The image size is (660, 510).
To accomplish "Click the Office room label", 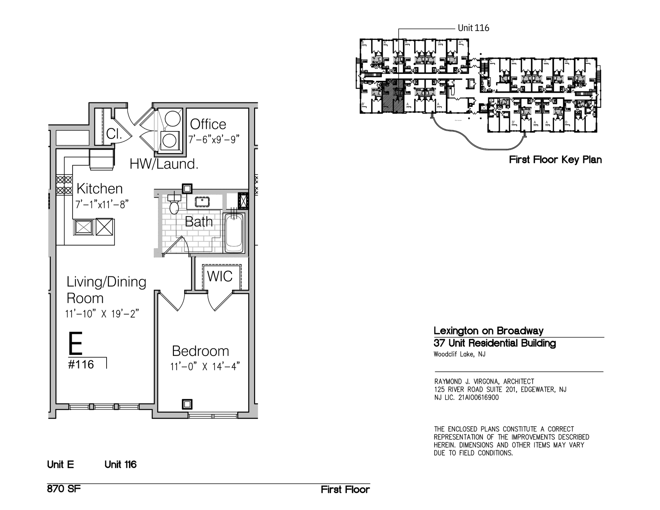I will click(208, 124).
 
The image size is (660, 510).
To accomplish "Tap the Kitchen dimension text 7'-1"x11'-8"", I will click(102, 204).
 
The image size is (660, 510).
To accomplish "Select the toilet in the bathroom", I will click(174, 205).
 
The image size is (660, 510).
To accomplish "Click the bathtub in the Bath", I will click(234, 233).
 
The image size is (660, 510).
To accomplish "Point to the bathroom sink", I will click(202, 202).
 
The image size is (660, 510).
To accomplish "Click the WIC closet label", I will click(220, 276).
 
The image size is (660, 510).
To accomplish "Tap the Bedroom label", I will click(200, 351).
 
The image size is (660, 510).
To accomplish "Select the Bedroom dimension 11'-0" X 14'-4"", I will click(205, 367).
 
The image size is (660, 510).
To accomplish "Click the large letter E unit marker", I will click(76, 343).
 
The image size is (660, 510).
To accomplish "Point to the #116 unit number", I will click(81, 365).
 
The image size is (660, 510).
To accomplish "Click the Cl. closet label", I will click(114, 134).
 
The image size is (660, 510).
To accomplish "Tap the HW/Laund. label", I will click(164, 164).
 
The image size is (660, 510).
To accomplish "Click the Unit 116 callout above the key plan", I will click(473, 28).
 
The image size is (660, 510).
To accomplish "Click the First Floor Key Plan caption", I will click(555, 160).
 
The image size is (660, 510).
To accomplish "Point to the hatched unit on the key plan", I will click(393, 96).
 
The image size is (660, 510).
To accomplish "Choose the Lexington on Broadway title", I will click(488, 331).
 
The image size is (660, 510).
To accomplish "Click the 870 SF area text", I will click(64, 489).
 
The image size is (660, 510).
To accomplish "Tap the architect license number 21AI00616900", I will click(478, 398).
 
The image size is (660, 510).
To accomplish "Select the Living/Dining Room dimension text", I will click(102, 314).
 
